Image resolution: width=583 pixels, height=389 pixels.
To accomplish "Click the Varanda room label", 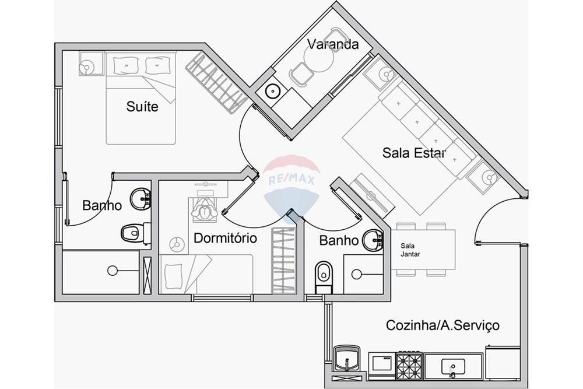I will tap(332, 44).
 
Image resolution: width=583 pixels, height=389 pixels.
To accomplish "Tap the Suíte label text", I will tap(142, 107).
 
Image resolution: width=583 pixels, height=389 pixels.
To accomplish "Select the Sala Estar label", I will tap(414, 153).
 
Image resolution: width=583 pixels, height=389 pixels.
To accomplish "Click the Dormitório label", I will tap(225, 238).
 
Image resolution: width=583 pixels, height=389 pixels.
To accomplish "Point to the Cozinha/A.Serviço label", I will tap(442, 325).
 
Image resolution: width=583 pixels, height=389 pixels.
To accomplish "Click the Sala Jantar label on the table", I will tap(410, 250).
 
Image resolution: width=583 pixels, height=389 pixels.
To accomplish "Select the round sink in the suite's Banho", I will tap(140, 198).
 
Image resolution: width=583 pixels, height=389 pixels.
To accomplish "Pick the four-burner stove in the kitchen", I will tap(409, 363).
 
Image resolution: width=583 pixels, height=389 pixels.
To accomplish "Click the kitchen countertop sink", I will tap(453, 366).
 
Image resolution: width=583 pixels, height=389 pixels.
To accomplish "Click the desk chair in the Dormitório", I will tap(203, 211).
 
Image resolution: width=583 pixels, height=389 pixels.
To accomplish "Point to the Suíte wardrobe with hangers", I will tap(216, 82).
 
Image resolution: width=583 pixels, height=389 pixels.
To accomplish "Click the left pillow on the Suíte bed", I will tap(124, 64).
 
